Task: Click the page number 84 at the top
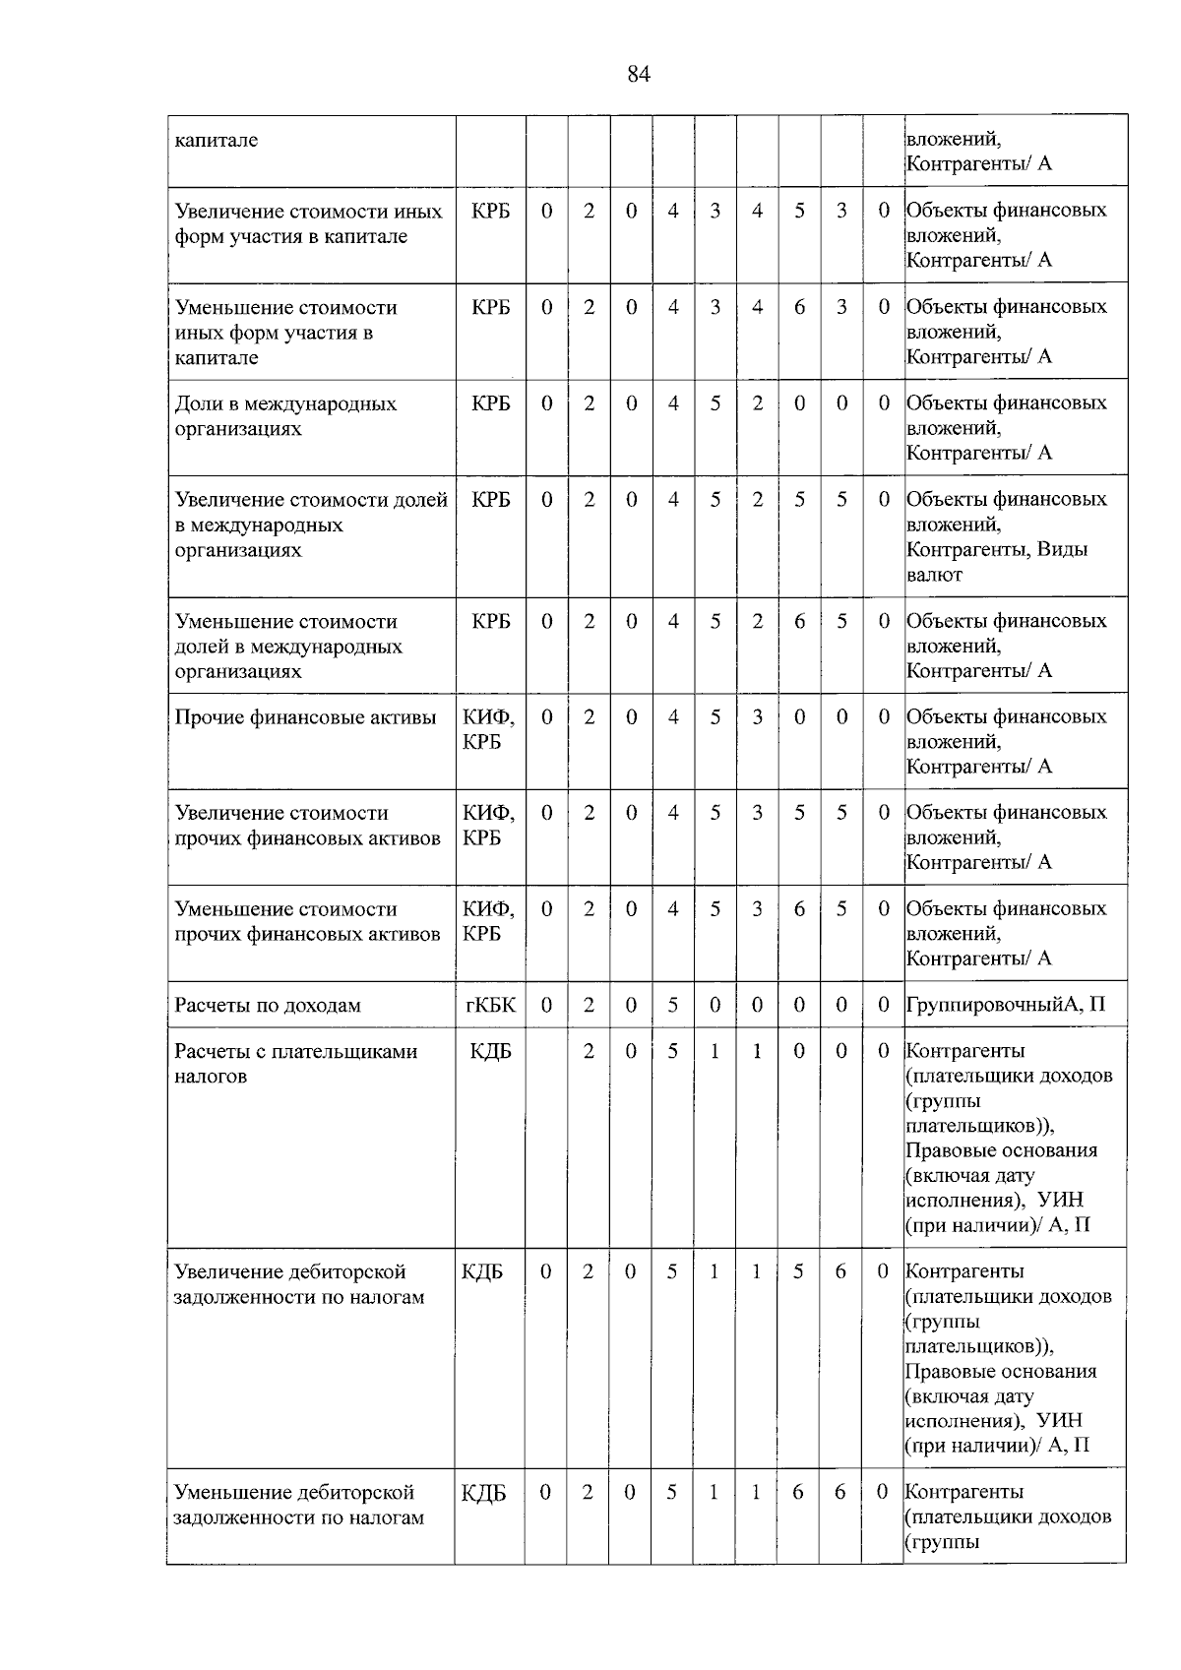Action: pyautogui.click(x=638, y=75)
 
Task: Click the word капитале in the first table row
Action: pyautogui.click(x=217, y=140)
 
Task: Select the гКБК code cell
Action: pyautogui.click(x=490, y=1005)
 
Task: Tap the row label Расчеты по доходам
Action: pyautogui.click(x=268, y=1005)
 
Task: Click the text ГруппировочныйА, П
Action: pyautogui.click(x=1005, y=1005)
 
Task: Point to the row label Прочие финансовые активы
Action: pyautogui.click(x=305, y=717)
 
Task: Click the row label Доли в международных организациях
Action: pyautogui.click(x=285, y=416)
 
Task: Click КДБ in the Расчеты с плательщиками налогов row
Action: pyautogui.click(x=490, y=1052)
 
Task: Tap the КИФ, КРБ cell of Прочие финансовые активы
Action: pyautogui.click(x=489, y=729)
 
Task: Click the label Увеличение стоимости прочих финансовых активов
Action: pyautogui.click(x=307, y=826)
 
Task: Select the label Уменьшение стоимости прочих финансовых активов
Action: pyautogui.click(x=307, y=921)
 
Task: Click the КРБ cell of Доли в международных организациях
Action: pyautogui.click(x=490, y=403)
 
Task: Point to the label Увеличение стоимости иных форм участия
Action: pyautogui.click(x=308, y=223)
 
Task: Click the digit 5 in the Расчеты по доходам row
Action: pyautogui.click(x=673, y=1005)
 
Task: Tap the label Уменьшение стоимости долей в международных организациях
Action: pyautogui.click(x=288, y=647)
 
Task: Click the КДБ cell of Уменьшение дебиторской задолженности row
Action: pyautogui.click(x=483, y=1493)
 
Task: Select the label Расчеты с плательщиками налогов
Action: pyautogui.click(x=295, y=1064)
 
